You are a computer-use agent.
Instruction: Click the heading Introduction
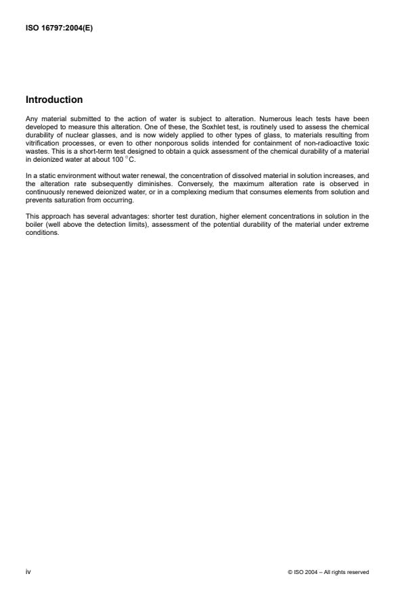[54, 100]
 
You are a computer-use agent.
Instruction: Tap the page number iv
[28, 572]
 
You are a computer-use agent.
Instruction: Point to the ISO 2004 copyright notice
[328, 572]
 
